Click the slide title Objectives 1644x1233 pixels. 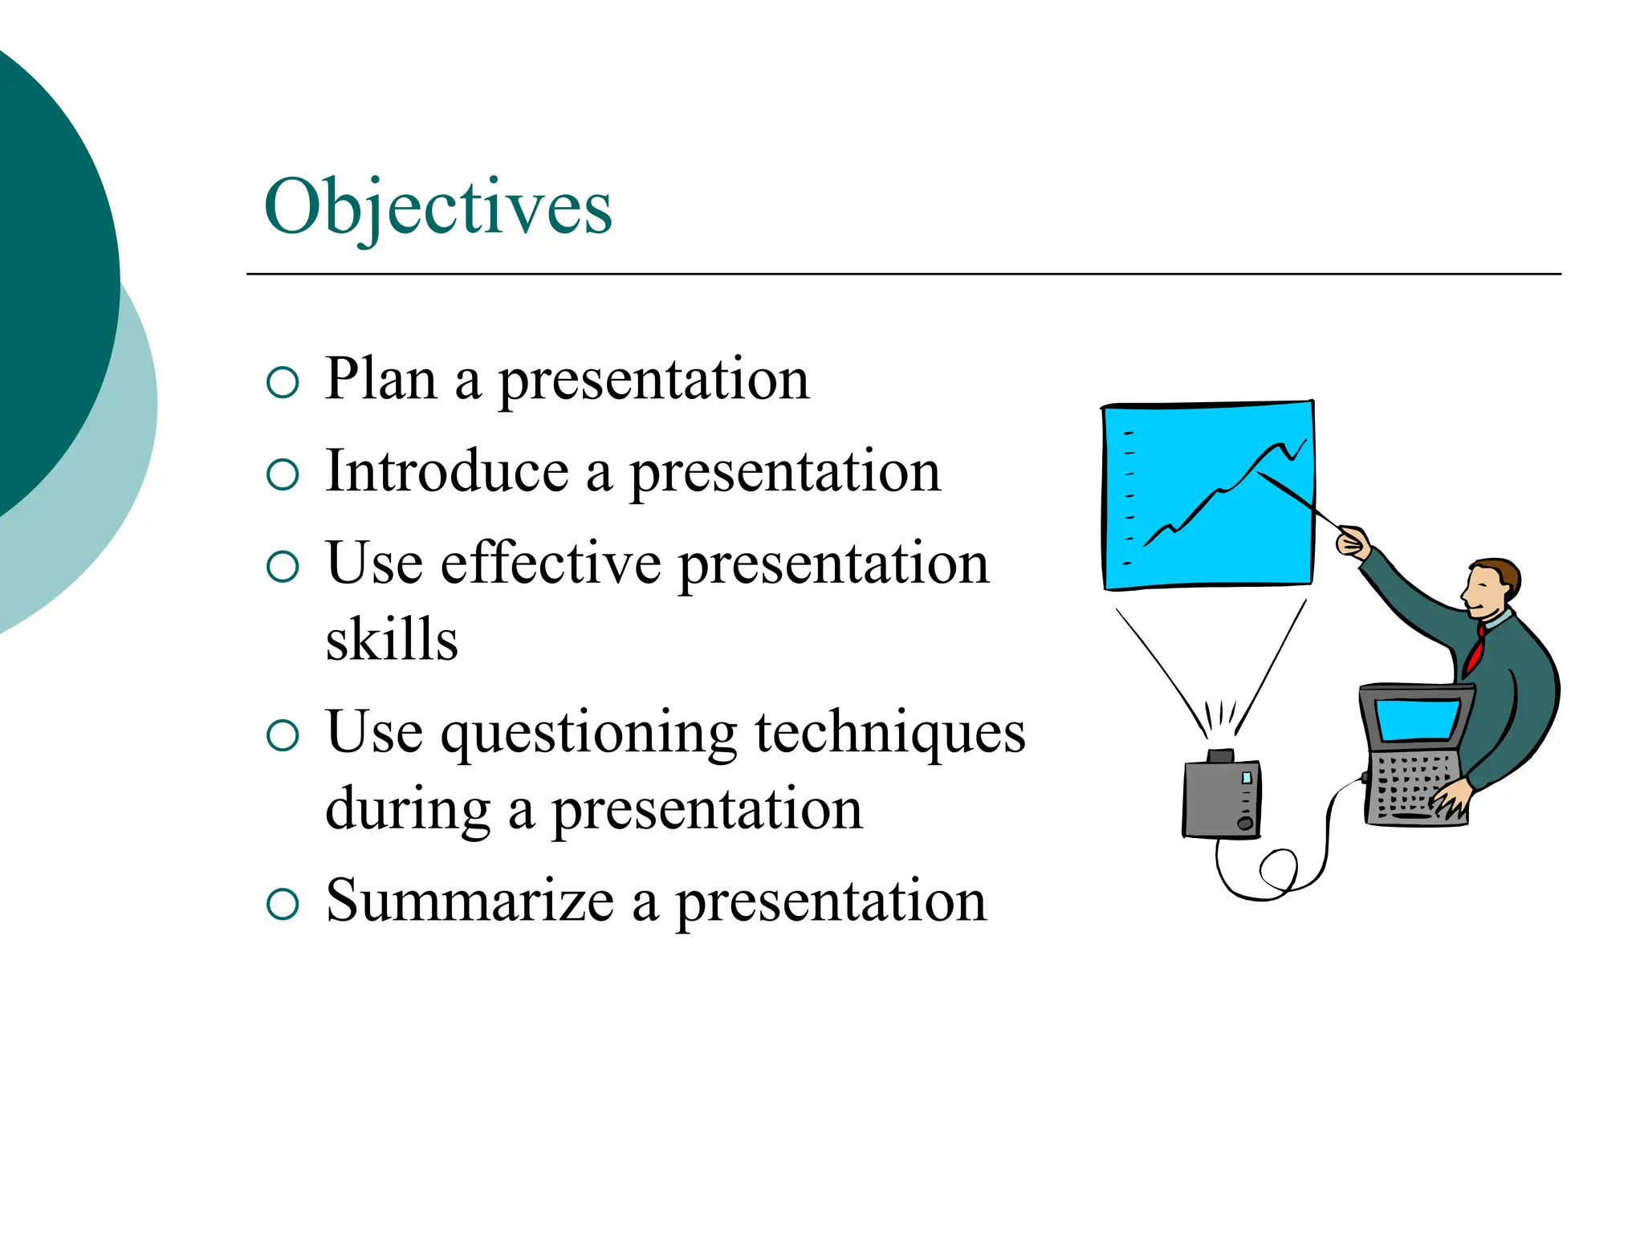coord(438,208)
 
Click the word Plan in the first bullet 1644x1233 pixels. coord(381,378)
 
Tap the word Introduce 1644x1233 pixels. coord(447,471)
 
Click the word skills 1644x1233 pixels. coord(392,640)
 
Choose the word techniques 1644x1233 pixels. coord(890,733)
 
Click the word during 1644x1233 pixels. coord(408,809)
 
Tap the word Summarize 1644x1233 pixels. coord(470,901)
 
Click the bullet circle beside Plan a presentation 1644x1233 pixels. coord(283,383)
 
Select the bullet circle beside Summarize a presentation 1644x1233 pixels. coord(283,905)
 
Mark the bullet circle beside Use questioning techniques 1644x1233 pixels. coord(283,735)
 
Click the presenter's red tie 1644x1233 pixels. coord(1475,651)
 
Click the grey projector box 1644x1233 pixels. coord(1220,799)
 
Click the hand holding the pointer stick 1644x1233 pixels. coord(1353,543)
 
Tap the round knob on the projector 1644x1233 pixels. coord(1245,824)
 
